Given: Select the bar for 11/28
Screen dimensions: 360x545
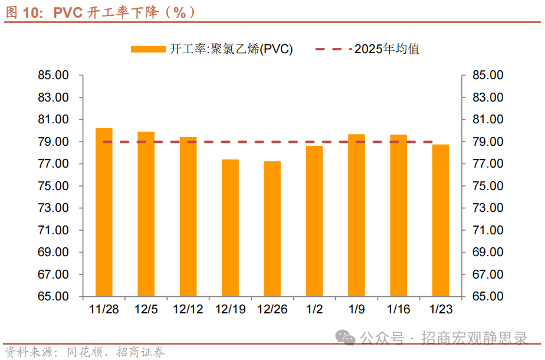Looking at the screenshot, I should pos(104,212).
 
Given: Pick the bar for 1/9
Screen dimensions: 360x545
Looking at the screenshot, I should pos(356,215).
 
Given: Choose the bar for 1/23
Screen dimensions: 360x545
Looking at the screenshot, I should pos(441,220).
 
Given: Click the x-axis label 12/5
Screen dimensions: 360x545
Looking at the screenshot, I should pos(146,309).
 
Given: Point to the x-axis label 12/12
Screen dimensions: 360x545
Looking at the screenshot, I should pos(188,309).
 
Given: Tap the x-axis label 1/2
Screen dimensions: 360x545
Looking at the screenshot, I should pos(314,309).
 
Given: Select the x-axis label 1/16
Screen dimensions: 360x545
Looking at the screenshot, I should pos(398,309).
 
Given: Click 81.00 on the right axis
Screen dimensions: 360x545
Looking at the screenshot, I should pos(488,120).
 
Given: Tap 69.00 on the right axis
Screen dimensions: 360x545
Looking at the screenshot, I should pos(488,253).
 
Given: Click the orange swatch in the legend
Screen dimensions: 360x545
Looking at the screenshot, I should pos(148,50).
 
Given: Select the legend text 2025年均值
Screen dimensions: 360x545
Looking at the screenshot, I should pos(387,50).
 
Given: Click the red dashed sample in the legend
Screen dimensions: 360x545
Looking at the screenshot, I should pos(333,50).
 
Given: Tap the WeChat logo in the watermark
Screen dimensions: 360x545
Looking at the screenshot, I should pos(346,338).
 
